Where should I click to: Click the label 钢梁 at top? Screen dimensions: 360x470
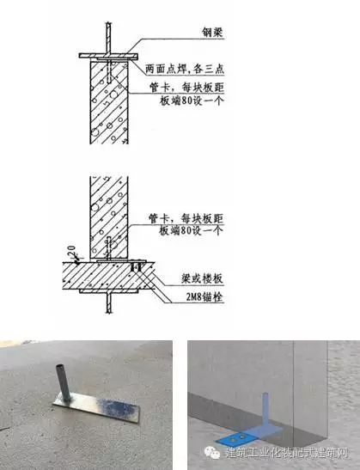tap(212, 32)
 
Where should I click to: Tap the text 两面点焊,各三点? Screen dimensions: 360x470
tap(185, 69)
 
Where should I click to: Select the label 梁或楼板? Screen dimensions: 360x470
tap(202, 278)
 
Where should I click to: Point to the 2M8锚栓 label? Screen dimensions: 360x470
tap(204, 297)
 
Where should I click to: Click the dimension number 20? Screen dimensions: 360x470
tap(71, 251)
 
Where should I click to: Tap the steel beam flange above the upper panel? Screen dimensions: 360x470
tap(108, 56)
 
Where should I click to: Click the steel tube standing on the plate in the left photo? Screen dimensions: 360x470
tap(64, 382)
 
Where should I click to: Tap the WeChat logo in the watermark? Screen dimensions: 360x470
tap(212, 452)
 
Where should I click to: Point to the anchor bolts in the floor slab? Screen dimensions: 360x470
tap(137, 266)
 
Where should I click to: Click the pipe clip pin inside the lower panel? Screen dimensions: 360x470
tap(109, 248)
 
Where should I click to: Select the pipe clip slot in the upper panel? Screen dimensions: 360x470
tap(109, 72)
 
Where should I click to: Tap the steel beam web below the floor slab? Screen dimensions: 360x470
tap(109, 302)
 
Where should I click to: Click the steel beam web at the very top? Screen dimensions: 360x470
tap(109, 38)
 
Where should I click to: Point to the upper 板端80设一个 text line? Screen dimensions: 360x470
tap(192, 101)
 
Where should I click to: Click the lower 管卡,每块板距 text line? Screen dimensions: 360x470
tap(186, 218)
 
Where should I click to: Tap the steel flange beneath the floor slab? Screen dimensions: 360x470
tap(109, 291)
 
